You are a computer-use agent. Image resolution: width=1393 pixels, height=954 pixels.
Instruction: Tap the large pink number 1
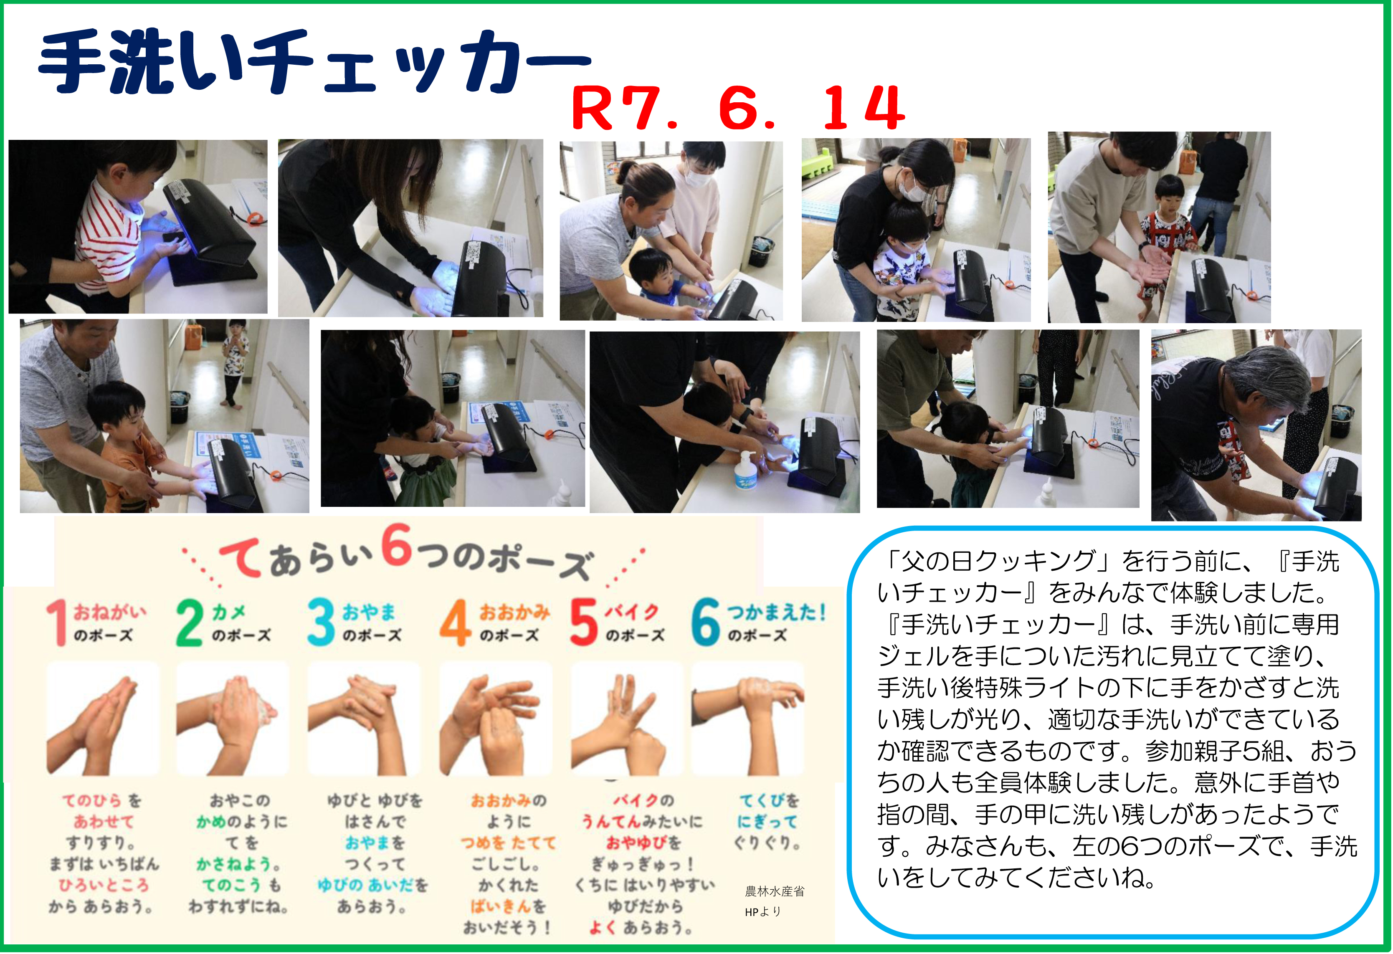point(58,623)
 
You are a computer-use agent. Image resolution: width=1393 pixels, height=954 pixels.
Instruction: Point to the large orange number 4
point(456,623)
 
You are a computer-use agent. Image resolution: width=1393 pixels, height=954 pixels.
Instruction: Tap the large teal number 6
point(706,623)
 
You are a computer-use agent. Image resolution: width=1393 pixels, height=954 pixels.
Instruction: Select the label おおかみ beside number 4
point(514,612)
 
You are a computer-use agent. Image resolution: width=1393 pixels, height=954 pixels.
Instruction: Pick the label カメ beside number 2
point(229,612)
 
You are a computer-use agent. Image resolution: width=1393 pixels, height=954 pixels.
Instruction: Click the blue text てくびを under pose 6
point(769,801)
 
